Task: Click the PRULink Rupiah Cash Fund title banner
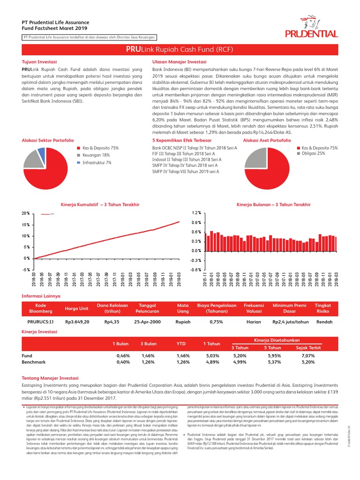[x=180, y=49]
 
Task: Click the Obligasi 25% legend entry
[x=313, y=153]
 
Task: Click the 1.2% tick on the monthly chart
[x=195, y=213]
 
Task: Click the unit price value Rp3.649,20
[x=77, y=322]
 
